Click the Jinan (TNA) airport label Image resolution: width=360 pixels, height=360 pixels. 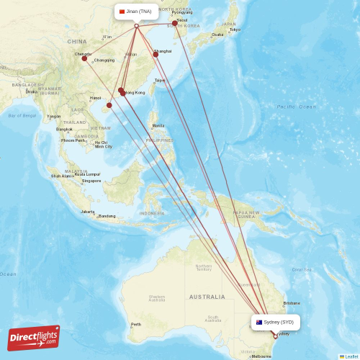coord(136,12)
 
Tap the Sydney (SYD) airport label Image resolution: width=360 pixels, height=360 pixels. coord(276,322)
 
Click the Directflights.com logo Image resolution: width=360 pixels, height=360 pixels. coord(34,338)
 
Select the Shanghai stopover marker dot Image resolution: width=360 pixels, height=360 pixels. coord(156,54)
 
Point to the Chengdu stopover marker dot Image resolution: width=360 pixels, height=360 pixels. coord(84,58)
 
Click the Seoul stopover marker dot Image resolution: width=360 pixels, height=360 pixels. coord(175,23)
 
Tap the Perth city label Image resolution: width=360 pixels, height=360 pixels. coord(135,324)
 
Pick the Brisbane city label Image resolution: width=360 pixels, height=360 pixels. coord(292,303)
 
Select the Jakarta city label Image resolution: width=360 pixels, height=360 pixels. coord(88,212)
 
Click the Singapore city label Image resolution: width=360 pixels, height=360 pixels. coord(91,181)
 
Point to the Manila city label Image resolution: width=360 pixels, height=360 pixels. coord(158,125)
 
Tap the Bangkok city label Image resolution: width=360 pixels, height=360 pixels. coord(65,129)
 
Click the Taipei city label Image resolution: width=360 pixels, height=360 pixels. coord(160,80)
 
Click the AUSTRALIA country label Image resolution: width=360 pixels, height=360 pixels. coord(207,297)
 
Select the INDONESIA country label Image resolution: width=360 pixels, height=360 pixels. coord(152,214)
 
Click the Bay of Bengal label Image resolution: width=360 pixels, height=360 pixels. coord(22,115)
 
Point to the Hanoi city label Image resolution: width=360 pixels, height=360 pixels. coord(95,98)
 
